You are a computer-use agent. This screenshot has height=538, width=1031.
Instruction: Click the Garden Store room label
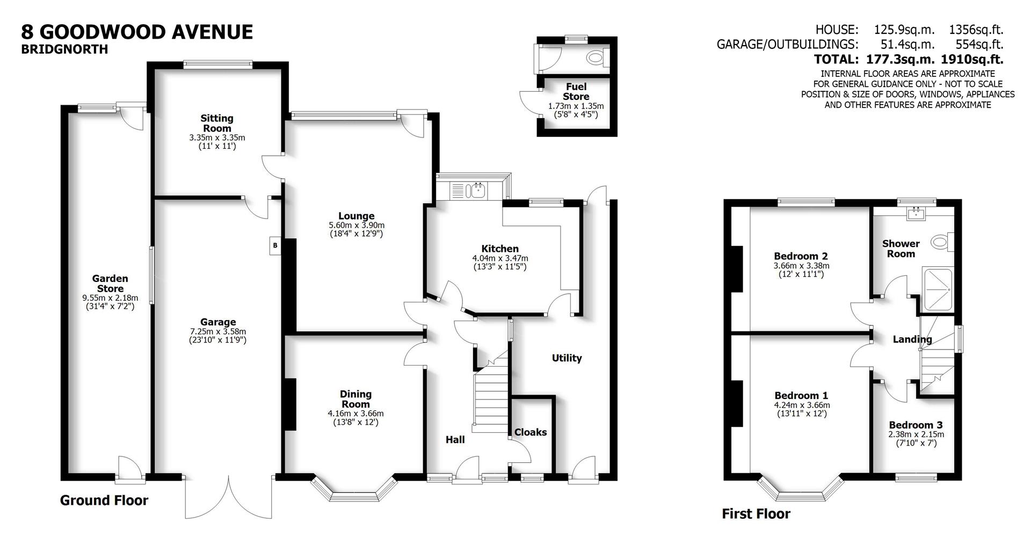coord(110,283)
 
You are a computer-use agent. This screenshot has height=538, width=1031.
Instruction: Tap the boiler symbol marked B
coord(275,245)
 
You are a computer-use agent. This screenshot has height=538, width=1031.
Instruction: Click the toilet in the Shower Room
coord(940,242)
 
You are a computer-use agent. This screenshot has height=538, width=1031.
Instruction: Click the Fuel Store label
coord(576,91)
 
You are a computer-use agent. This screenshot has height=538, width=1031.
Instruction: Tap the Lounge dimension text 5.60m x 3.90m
coord(357,225)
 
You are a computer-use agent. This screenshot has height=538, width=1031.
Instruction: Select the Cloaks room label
coord(531,432)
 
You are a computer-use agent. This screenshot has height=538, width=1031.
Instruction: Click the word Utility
coord(567,358)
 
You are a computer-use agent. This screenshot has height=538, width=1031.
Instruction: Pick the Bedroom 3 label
coord(916,425)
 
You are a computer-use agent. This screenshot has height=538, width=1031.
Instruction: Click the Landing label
coord(912,339)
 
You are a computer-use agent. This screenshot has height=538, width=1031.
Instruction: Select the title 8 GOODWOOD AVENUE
coord(137,32)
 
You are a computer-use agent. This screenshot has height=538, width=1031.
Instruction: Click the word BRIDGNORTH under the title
coord(64,49)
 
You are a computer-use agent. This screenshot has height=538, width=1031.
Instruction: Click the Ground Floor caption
coord(104,500)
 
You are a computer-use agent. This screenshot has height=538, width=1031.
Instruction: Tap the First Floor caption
coord(756,514)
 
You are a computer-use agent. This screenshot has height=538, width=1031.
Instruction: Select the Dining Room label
coord(355,399)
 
